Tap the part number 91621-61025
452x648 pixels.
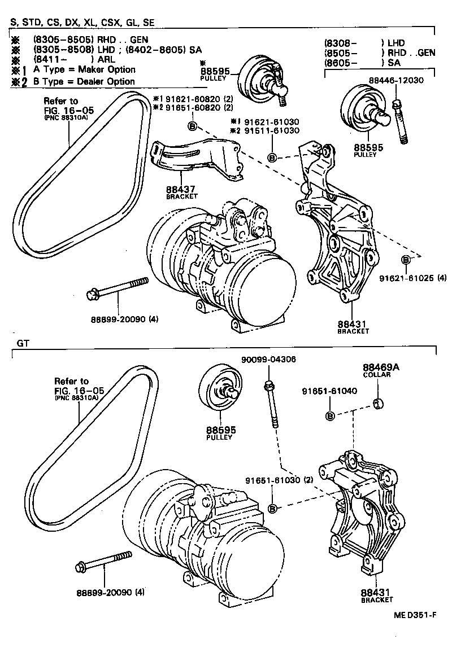coord(408,278)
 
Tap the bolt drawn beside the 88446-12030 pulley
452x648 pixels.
coord(399,121)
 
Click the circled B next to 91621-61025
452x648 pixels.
coord(406,259)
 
